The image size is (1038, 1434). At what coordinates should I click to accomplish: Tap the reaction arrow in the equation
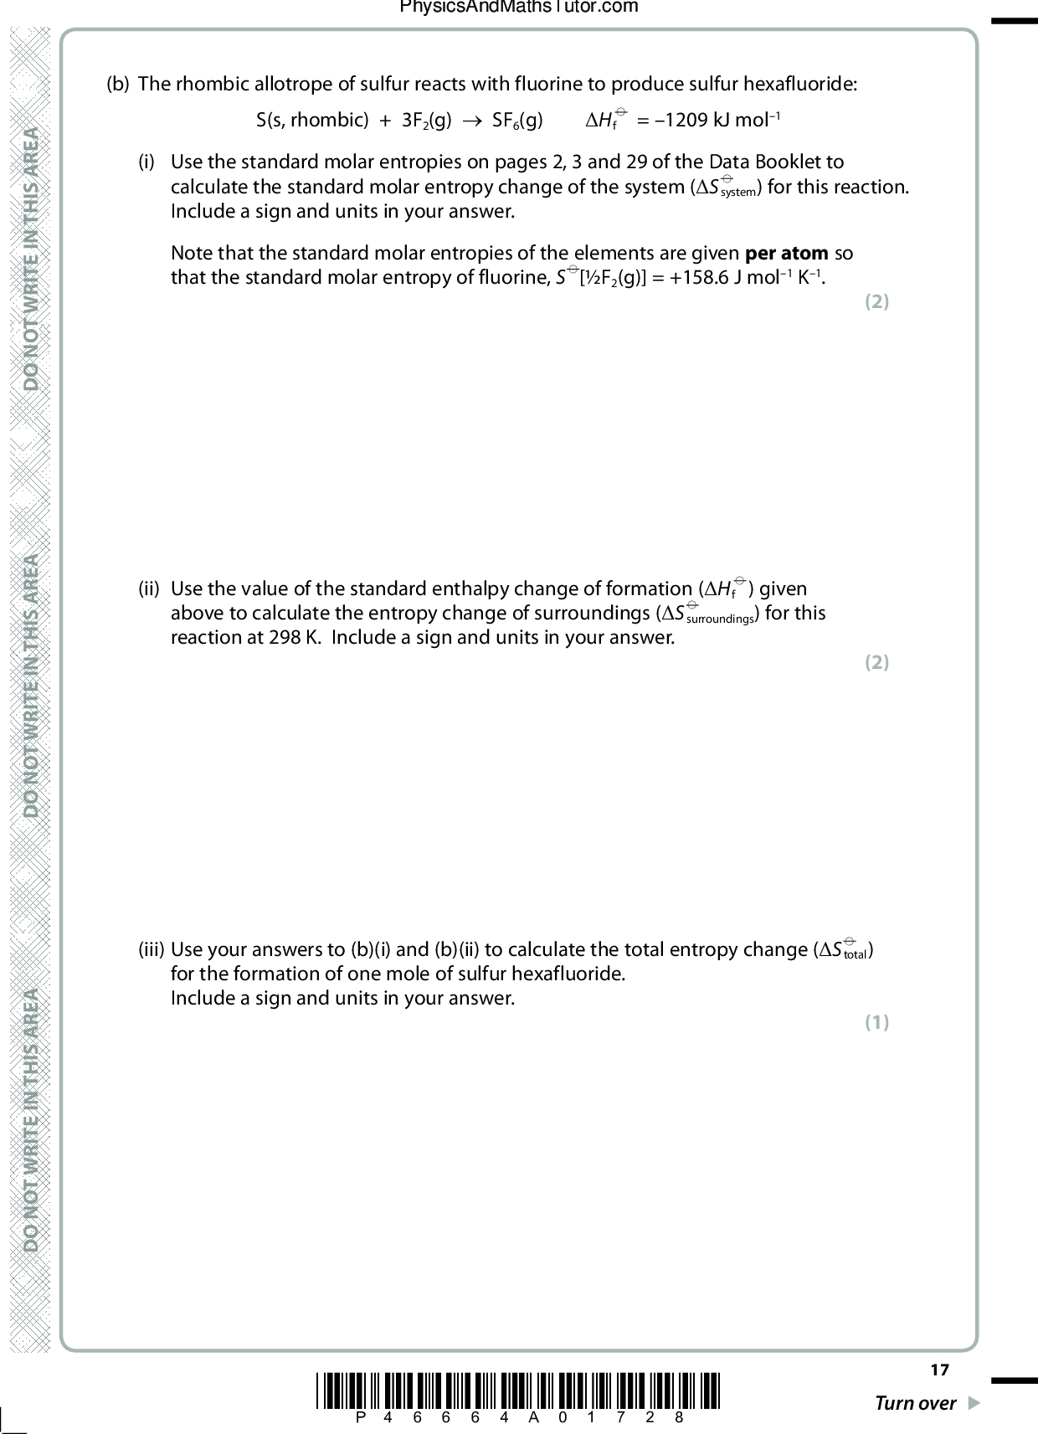[472, 121]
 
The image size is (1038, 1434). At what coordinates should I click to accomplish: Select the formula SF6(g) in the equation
[517, 121]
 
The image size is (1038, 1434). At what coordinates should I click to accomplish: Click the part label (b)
[118, 85]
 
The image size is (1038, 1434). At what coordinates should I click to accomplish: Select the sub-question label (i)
[147, 162]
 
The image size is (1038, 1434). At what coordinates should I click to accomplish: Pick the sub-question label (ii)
[149, 589]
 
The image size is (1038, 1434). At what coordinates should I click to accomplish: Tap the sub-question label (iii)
[151, 949]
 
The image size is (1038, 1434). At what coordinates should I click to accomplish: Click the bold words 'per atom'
[787, 253]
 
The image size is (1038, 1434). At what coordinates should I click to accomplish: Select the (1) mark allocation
[876, 1022]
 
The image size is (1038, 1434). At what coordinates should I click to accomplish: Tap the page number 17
[940, 1370]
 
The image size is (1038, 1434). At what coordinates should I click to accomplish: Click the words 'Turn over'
[915, 1404]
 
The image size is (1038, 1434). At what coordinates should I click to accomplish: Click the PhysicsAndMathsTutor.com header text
[519, 8]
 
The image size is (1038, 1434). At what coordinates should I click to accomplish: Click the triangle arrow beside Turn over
[973, 1403]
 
